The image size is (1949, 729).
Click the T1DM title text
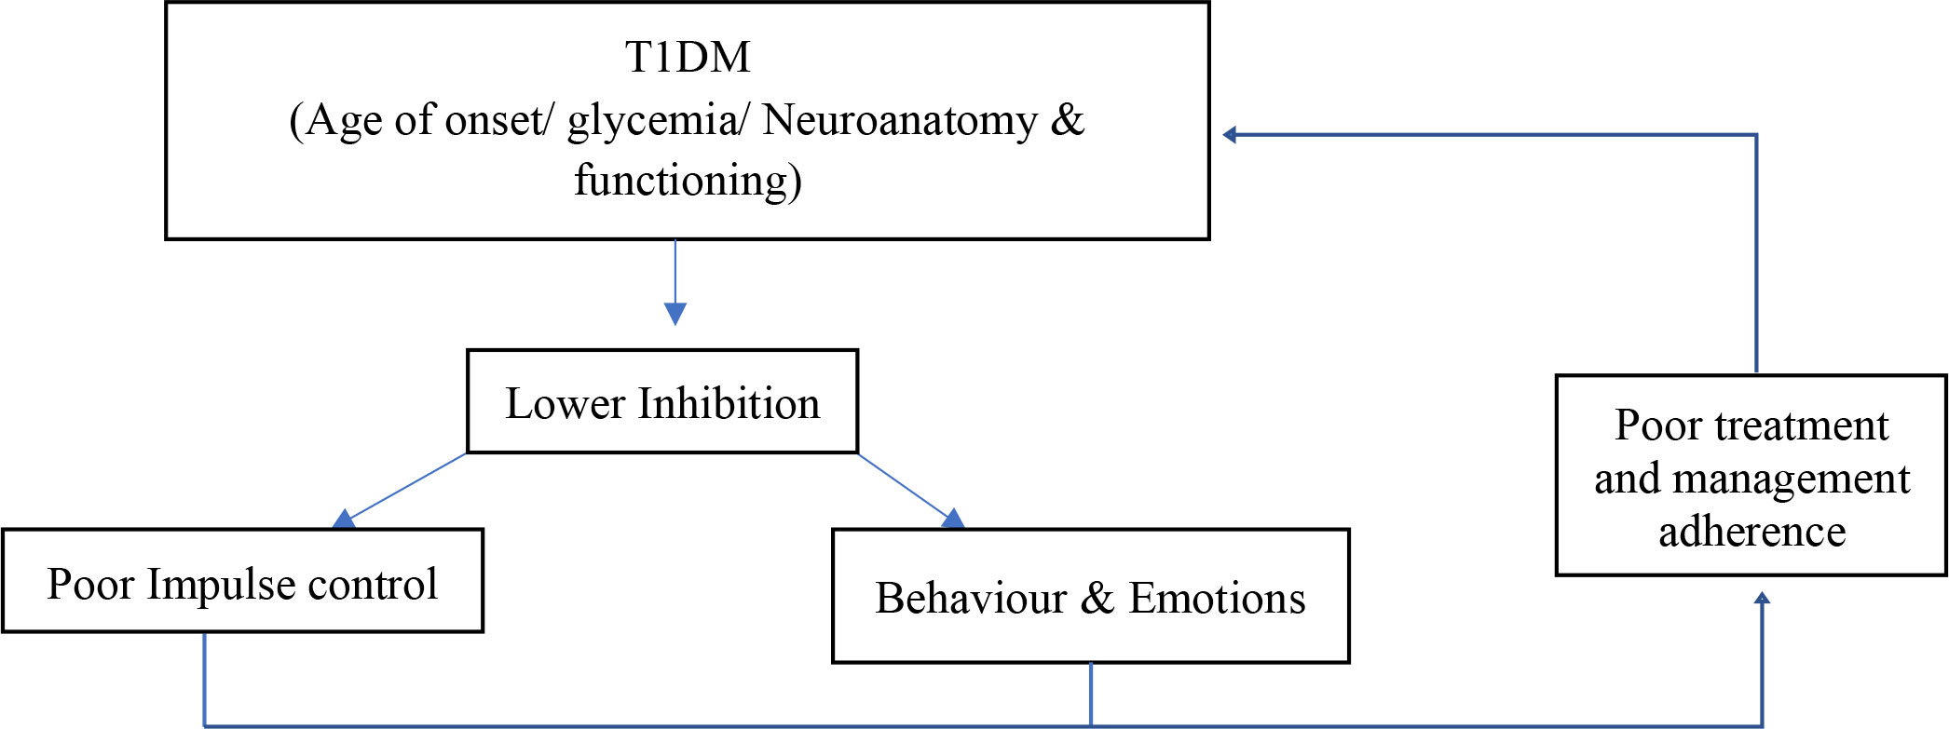688,58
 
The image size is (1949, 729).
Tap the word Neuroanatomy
899,120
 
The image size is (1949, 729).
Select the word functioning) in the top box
688,181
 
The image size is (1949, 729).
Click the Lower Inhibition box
661,402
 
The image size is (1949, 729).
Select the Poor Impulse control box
242,582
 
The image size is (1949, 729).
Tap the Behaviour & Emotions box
1090,597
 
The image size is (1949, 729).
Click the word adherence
1751,532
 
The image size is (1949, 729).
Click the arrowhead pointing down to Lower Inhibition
675,313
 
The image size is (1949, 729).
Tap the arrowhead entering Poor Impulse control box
344,520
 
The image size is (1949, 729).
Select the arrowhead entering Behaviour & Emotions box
953,520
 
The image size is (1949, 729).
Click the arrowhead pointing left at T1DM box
1230,135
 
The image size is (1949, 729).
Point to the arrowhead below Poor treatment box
1762,600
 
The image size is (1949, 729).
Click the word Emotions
1217,599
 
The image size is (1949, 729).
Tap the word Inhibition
729,404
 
